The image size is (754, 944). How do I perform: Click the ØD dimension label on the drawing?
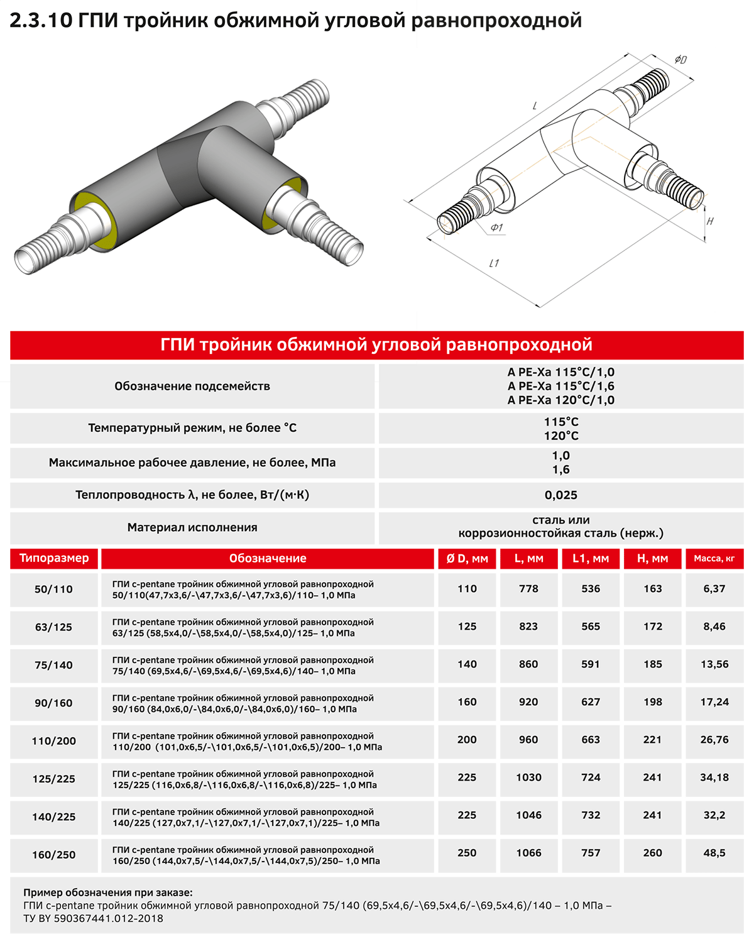[x=680, y=60]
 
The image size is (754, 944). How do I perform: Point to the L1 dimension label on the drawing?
[x=494, y=263]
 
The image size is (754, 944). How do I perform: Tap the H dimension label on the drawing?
[x=710, y=221]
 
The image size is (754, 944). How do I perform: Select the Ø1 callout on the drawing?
[x=496, y=228]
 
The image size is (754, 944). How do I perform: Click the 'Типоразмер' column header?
[x=54, y=558]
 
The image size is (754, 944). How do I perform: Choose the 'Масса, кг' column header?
[x=714, y=558]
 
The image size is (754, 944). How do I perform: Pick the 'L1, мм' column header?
[x=591, y=558]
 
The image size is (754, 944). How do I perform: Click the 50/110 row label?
[x=54, y=590]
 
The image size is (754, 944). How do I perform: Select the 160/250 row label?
[x=54, y=855]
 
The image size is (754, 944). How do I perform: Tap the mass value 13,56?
[x=714, y=664]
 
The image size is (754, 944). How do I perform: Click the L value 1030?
[x=528, y=777]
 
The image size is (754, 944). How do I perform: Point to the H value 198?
[x=653, y=702]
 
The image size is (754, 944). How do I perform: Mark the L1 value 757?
[x=591, y=853]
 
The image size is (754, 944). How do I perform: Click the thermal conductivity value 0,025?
[x=560, y=495]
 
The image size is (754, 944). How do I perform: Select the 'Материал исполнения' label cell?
[x=192, y=528]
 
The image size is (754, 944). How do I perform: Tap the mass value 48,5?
[x=714, y=853]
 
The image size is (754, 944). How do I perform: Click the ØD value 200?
[x=467, y=740]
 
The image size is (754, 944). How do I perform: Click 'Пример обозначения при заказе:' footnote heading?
[x=108, y=892]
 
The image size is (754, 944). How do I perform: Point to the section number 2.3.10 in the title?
[x=41, y=21]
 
